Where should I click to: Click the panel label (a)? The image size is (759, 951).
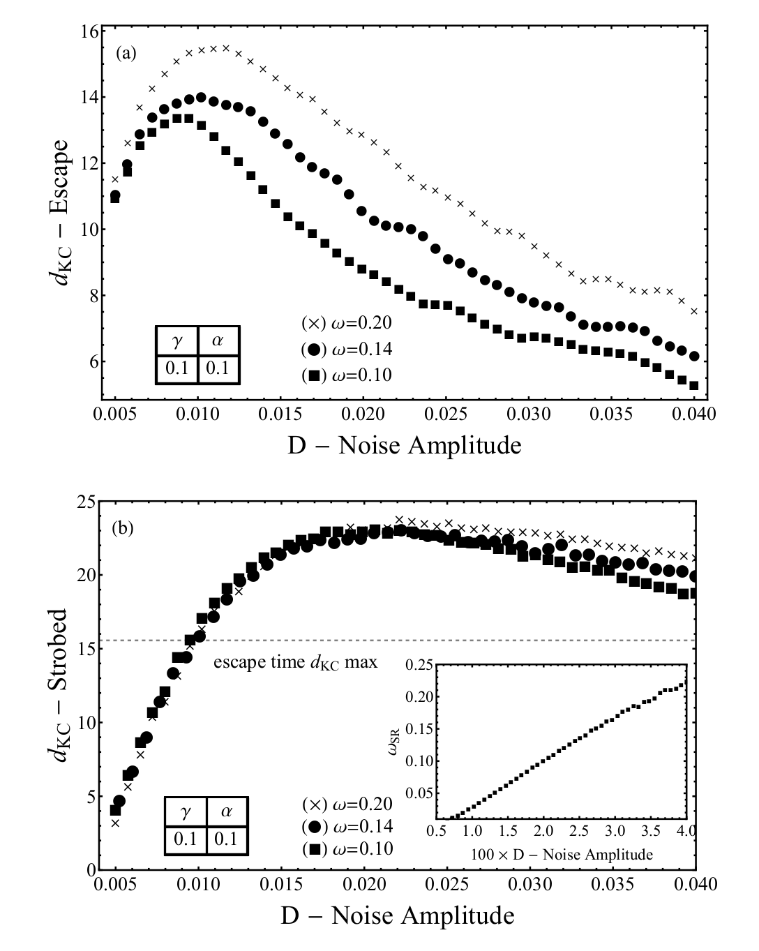pos(126,54)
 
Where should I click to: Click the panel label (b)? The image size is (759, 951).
pos(122,528)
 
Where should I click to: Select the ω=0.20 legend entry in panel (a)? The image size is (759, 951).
pos(347,323)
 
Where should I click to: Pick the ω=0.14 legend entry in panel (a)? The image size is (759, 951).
pos(347,349)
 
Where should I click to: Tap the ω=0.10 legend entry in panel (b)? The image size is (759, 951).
pos(347,848)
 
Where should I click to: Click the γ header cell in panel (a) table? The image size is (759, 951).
pos(176,341)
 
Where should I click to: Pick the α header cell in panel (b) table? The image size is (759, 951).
pos(227,811)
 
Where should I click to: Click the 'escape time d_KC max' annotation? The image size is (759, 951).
pos(295,661)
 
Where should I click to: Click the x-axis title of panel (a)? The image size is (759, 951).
pos(405,444)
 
